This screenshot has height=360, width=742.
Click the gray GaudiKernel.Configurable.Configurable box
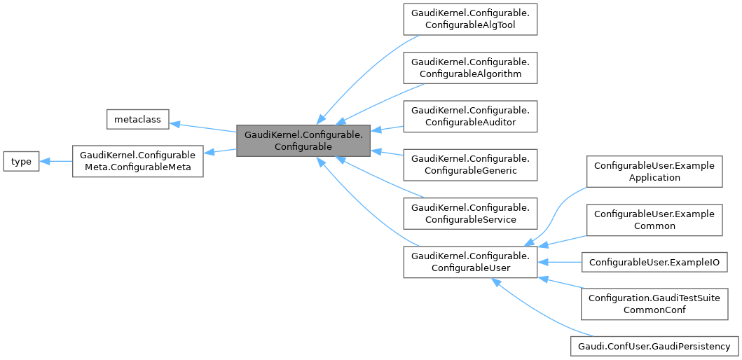[303, 140]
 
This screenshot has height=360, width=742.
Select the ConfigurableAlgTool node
[469, 20]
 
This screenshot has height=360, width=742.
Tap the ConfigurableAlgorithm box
[469, 68]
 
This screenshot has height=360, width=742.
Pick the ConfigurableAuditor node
[469, 116]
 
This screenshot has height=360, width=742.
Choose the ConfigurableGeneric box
[469, 165]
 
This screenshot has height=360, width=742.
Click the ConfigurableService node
[469, 213]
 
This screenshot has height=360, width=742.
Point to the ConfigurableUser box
[469, 261]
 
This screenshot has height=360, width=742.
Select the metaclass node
[137, 120]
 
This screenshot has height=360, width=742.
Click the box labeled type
[22, 162]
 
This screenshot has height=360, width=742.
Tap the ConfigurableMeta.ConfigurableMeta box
[137, 162]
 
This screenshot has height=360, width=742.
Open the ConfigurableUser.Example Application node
[654, 171]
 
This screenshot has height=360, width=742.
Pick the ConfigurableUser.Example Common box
[654, 219]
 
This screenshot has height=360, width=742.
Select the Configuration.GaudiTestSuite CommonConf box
[654, 303]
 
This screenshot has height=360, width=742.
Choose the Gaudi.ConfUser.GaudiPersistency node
[654, 346]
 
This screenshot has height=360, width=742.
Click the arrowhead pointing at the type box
[45, 162]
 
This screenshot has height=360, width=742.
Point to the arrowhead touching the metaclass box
[175, 123]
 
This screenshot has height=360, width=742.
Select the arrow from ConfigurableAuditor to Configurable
[387, 129]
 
